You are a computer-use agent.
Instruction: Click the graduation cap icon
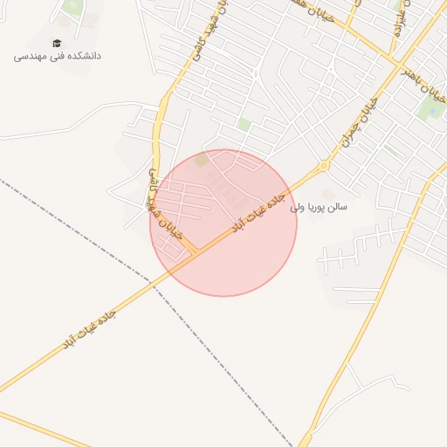pos(58,44)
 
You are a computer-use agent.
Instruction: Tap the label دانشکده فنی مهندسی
pos(58,56)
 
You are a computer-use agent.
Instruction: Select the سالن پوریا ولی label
pos(320,208)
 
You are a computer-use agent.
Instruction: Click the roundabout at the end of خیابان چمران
pos(325,164)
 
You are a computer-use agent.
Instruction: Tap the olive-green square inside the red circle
pos(202,161)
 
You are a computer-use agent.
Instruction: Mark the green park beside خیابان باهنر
pos(430,107)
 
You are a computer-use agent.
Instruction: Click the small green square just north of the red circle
pos(244,125)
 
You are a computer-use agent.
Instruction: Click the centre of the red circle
pos(223,223)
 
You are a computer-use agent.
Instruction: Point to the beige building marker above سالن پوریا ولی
pos(327,193)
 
